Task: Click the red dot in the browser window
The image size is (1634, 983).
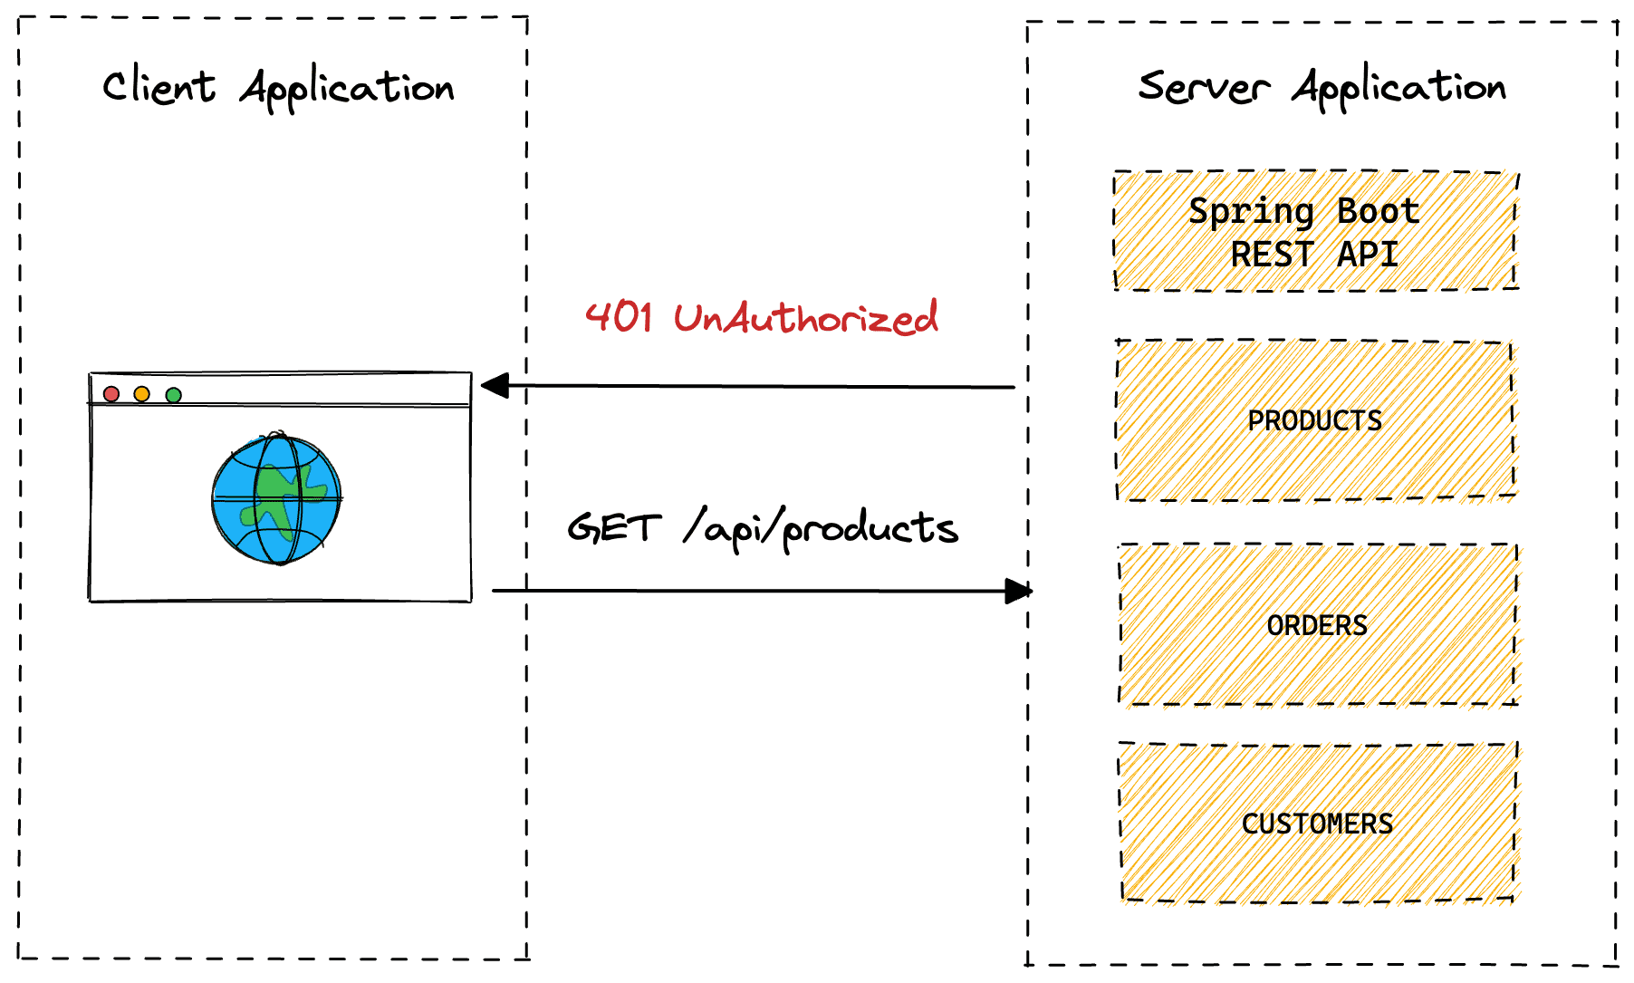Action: pyautogui.click(x=111, y=394)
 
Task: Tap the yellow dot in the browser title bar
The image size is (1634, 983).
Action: pyautogui.click(x=142, y=394)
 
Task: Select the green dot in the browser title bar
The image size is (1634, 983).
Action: pyautogui.click(x=174, y=395)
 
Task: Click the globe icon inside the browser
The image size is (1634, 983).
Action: pyautogui.click(x=277, y=499)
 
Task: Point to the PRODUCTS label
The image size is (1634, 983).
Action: pyautogui.click(x=1314, y=421)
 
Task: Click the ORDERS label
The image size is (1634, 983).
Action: pyautogui.click(x=1317, y=626)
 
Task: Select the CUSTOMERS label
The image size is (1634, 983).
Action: pyautogui.click(x=1317, y=824)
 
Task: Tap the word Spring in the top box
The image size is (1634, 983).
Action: pyautogui.click(x=1251, y=212)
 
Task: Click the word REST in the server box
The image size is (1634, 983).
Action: pyautogui.click(x=1272, y=255)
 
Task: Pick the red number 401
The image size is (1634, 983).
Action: pyautogui.click(x=619, y=317)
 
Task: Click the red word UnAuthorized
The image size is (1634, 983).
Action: pyautogui.click(x=805, y=318)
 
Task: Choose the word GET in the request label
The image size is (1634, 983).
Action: pyautogui.click(x=613, y=527)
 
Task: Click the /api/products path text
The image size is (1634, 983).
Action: pyautogui.click(x=821, y=528)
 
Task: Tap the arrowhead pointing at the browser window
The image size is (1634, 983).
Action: pyautogui.click(x=495, y=386)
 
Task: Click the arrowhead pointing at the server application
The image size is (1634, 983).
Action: pyautogui.click(x=1018, y=592)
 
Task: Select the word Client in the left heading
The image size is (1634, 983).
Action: pyautogui.click(x=159, y=87)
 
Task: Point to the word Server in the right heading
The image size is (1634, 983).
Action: pyautogui.click(x=1203, y=87)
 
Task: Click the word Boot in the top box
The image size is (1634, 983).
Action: pyautogui.click(x=1378, y=212)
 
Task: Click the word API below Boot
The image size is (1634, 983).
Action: pyautogui.click(x=1368, y=255)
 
